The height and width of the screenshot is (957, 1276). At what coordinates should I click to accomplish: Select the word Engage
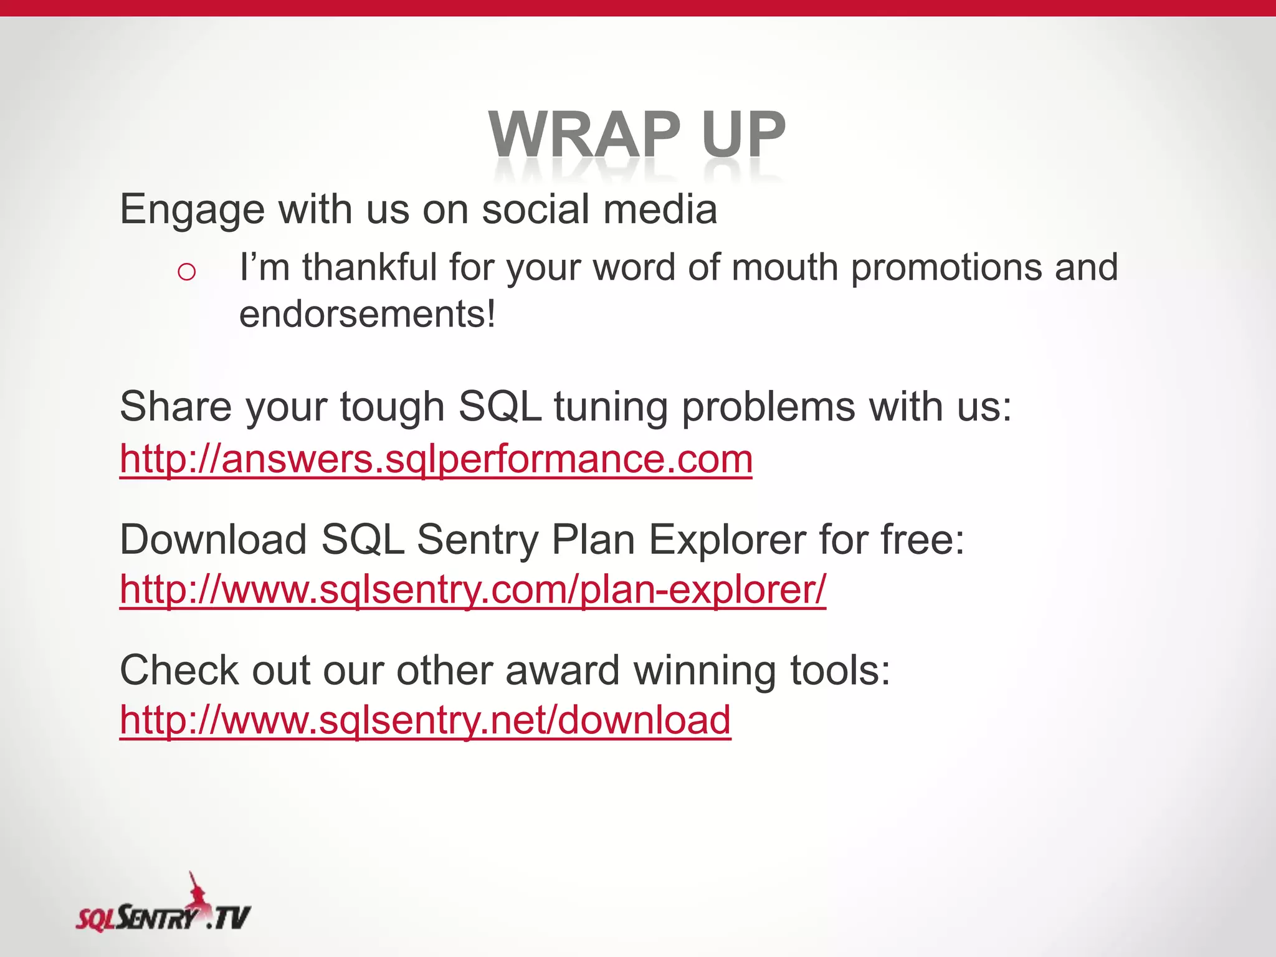coord(192,209)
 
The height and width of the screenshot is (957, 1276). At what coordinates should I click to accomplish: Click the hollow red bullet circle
coord(186,272)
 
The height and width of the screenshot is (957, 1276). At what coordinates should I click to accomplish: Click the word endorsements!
coord(368,314)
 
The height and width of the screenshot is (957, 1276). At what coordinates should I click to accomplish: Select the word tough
coord(392,407)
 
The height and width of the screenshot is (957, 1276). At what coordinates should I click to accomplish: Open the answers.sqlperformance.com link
coord(436,460)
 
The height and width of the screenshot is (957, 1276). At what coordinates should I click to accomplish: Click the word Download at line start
coord(213,540)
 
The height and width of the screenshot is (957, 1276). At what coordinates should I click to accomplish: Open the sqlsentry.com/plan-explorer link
coord(473,589)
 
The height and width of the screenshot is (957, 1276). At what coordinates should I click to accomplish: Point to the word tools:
coord(840,671)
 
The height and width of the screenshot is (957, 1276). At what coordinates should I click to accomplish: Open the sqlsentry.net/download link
coord(425,721)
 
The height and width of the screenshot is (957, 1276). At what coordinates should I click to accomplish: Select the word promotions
coord(946,268)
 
